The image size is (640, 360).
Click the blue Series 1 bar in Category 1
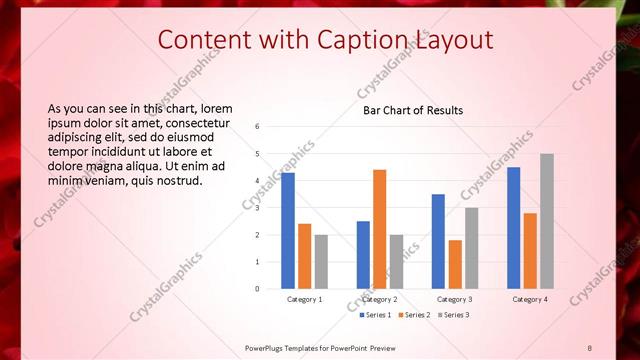(288, 231)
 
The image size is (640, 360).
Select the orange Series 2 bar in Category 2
(380, 229)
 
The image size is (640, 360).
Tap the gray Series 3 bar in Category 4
(547, 221)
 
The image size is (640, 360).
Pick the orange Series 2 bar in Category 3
(455, 264)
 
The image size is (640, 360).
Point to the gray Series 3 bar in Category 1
(321, 262)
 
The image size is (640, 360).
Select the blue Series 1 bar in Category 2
(363, 255)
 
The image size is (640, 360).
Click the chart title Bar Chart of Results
(413, 111)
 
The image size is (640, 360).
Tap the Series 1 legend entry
(375, 315)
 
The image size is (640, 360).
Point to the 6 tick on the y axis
(258, 127)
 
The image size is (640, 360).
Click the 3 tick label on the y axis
(258, 208)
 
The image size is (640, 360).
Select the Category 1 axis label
(304, 299)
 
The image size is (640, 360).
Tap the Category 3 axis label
(455, 299)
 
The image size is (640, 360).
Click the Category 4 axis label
(530, 299)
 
